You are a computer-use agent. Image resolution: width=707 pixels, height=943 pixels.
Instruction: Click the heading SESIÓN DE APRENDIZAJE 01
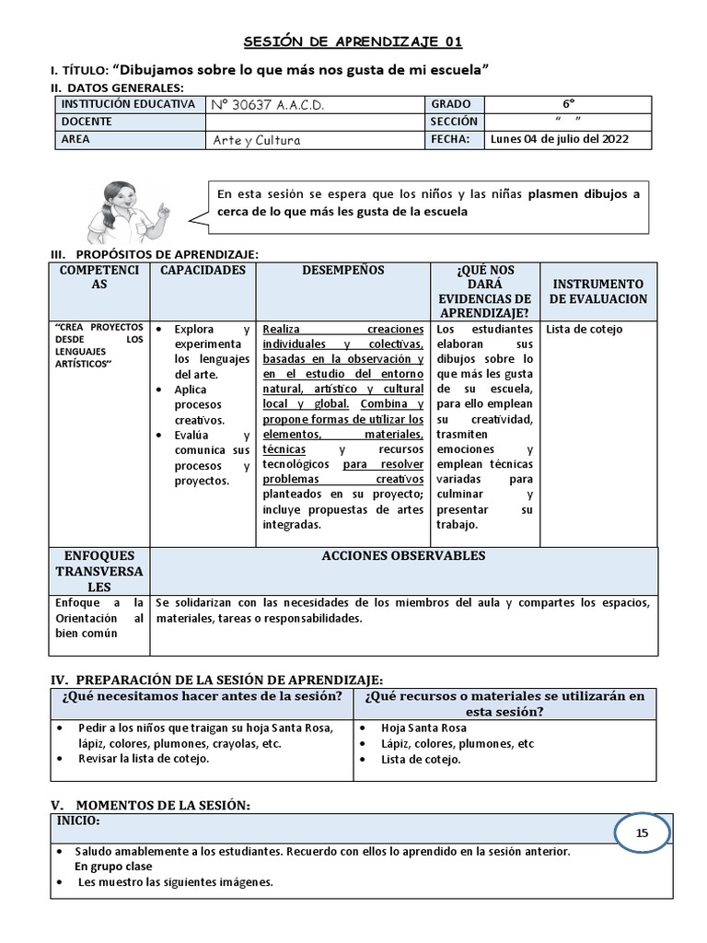[353, 41]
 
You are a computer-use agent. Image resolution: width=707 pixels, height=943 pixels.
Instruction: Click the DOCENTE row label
[87, 122]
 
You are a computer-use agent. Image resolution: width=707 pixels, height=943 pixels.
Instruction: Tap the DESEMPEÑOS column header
[343, 271]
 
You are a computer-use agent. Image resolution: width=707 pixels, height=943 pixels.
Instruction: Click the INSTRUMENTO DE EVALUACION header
[598, 291]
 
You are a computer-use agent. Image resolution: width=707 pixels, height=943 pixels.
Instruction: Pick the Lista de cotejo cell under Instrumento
[584, 330]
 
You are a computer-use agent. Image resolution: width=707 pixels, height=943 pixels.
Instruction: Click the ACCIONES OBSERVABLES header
[403, 556]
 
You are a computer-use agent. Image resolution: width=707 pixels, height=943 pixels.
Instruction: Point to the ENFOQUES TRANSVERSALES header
[99, 571]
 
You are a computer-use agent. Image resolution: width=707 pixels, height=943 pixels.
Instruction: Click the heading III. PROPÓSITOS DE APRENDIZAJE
[155, 253]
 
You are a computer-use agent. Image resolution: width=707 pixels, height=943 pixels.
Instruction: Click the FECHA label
[450, 139]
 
